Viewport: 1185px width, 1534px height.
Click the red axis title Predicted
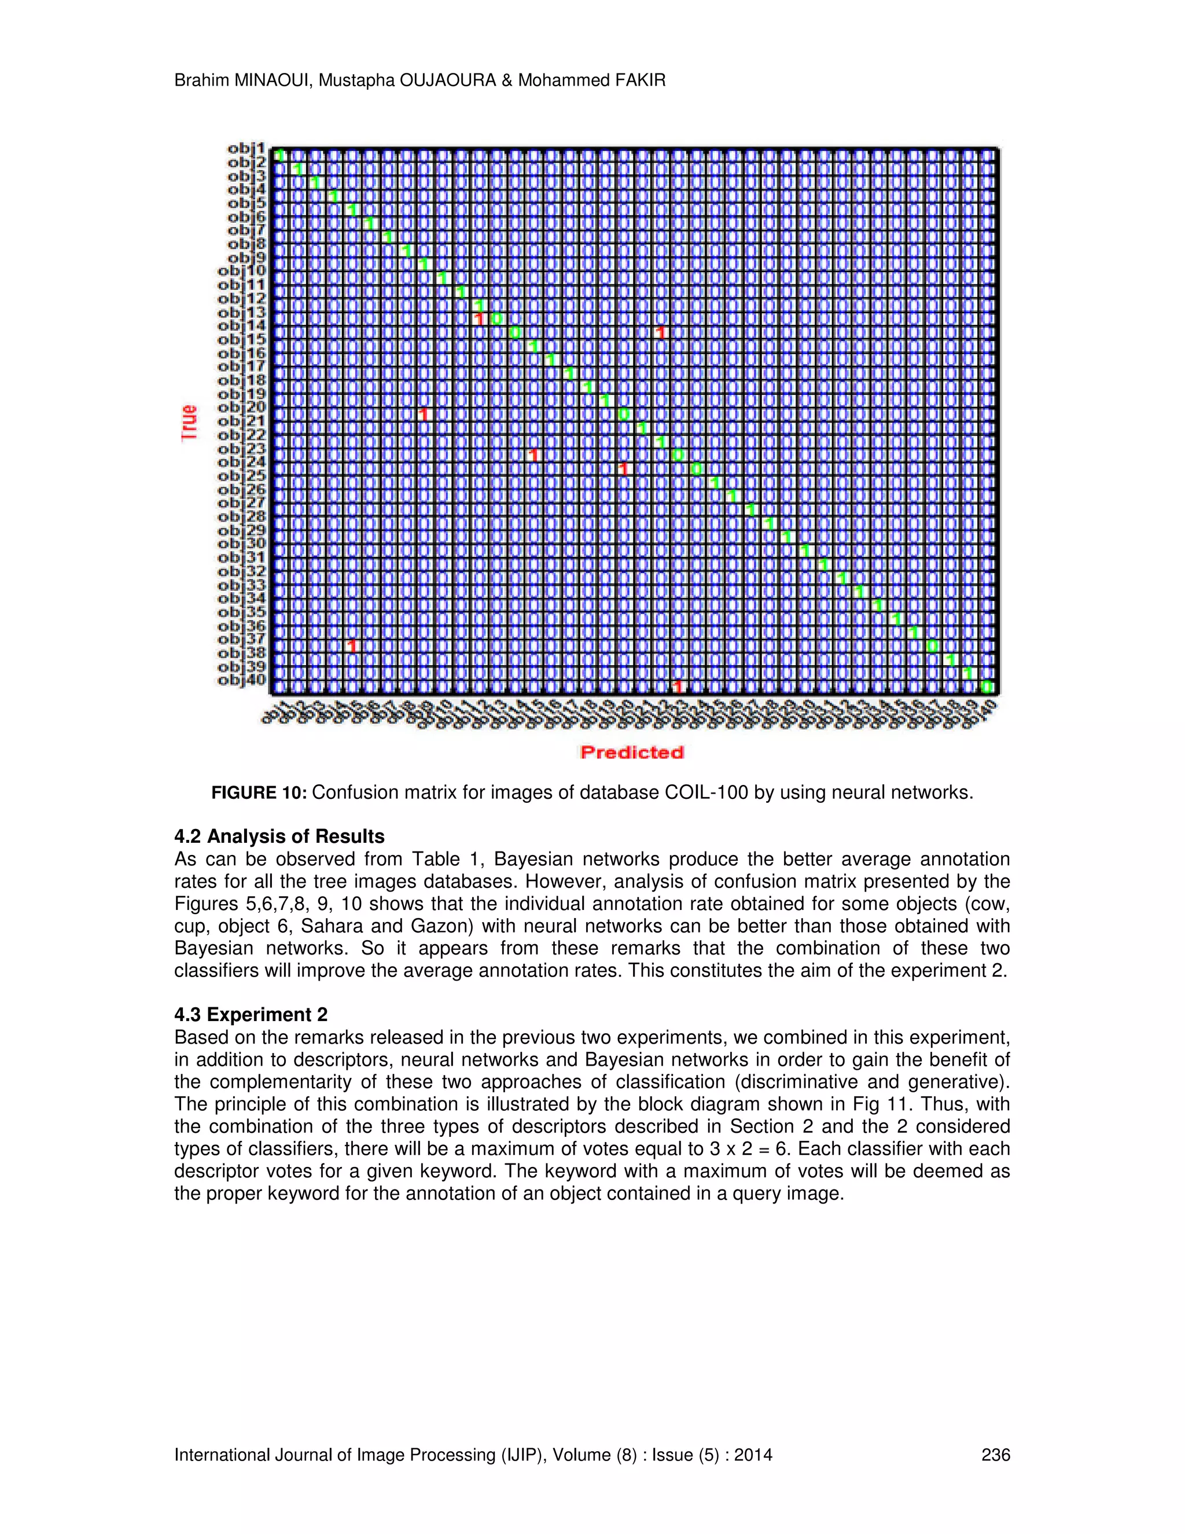pos(632,753)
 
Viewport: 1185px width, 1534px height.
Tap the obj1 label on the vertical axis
pos(246,148)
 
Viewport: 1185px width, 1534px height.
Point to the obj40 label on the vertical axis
pos(241,680)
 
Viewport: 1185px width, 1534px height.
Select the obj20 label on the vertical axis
pos(241,408)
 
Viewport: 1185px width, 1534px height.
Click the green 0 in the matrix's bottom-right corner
pos(987,686)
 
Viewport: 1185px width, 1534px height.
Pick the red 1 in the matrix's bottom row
pos(678,686)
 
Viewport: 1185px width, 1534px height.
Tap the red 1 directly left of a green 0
pos(480,319)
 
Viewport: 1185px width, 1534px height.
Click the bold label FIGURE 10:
pos(259,793)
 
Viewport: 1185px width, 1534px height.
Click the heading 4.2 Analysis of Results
pos(279,836)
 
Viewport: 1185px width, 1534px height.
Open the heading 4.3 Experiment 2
pos(251,1015)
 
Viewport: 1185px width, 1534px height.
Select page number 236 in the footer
pos(995,1455)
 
